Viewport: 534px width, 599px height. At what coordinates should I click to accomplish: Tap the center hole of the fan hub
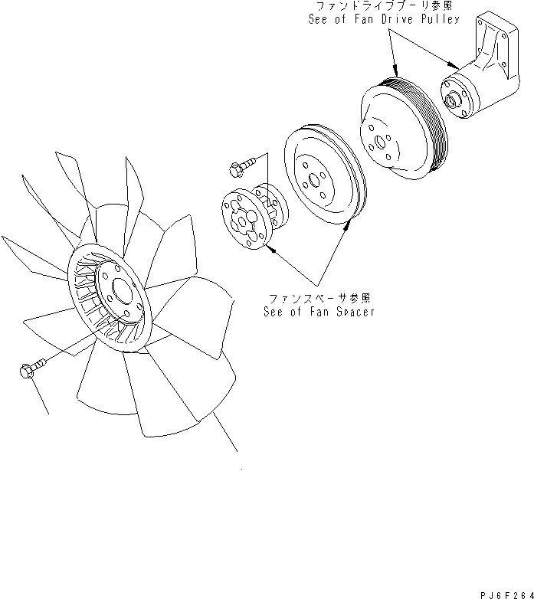coord(121,294)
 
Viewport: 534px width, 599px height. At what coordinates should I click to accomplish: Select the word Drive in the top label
coord(391,19)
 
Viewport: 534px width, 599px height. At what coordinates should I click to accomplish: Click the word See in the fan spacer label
coord(274,313)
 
